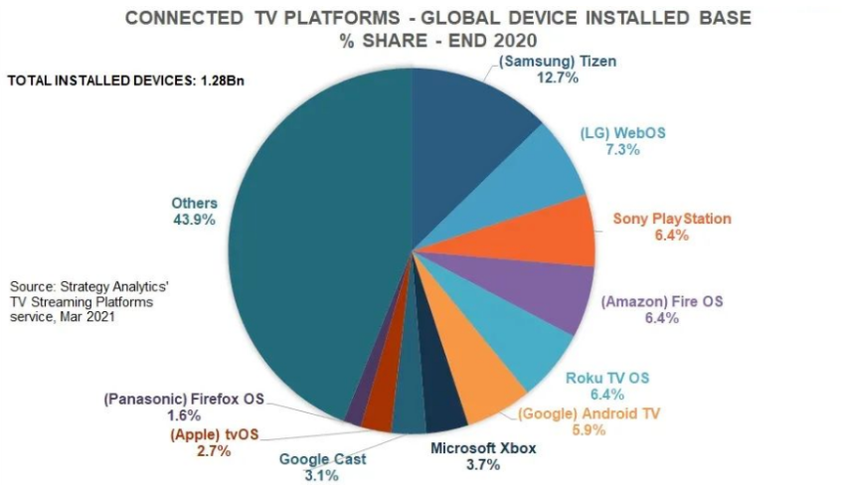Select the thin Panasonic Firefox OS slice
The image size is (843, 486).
point(355,405)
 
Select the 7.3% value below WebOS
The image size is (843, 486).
point(622,150)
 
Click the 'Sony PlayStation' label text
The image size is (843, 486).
point(672,219)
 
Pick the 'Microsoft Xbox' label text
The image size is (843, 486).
point(483,449)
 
